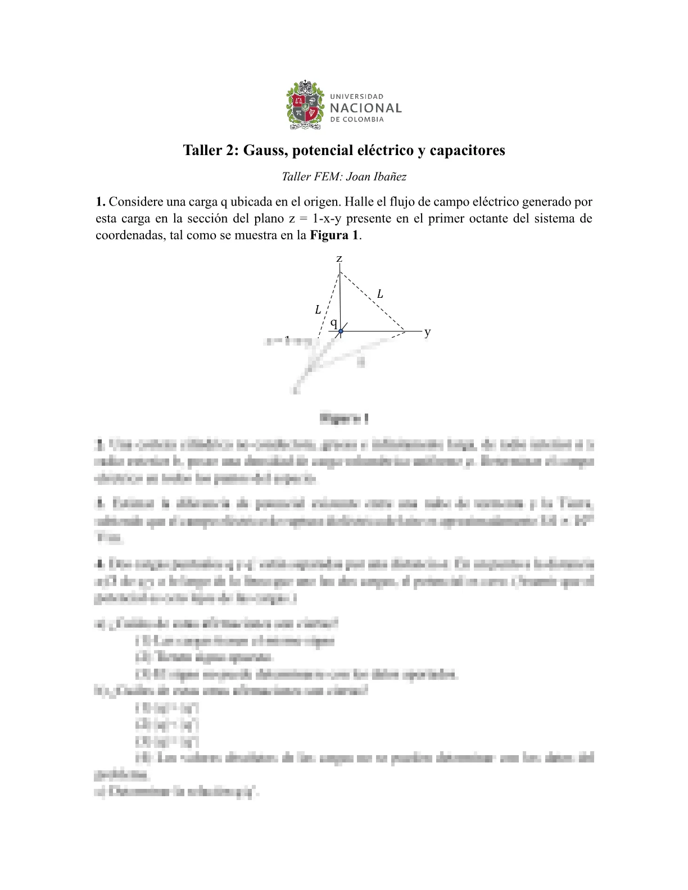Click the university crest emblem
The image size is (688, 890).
pos(305,105)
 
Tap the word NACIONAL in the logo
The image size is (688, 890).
pos(365,108)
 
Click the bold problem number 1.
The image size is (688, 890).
pos(100,202)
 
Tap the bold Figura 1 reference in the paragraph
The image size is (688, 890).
pos(334,235)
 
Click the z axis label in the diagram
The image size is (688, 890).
pos(339,259)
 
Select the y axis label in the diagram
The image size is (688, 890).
pos(428,332)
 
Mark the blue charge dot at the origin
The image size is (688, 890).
pos(340,332)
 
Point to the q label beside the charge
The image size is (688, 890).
pos(333,323)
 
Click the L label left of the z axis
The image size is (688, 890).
pos(318,310)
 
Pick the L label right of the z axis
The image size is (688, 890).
pos(380,294)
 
